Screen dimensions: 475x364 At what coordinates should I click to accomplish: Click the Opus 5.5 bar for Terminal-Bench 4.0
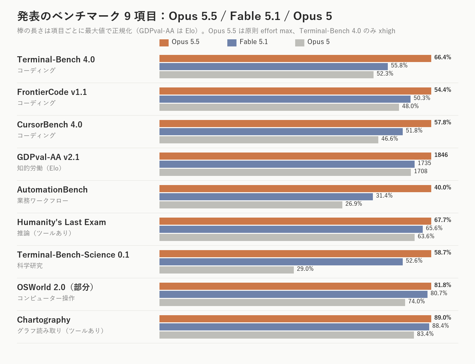[x=295, y=59]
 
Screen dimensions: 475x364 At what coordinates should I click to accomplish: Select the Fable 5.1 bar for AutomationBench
[x=266, y=197]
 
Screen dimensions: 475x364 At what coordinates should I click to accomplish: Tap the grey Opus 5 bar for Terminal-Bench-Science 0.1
[x=226, y=270]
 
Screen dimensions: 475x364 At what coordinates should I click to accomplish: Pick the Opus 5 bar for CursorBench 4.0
[x=269, y=140]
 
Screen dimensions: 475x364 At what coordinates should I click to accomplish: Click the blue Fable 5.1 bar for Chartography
[x=294, y=327]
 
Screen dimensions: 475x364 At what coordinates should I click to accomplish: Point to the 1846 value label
[x=441, y=155]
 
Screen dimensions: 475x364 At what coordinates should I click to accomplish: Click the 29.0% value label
[x=305, y=268]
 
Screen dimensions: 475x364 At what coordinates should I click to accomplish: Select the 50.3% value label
[x=422, y=98]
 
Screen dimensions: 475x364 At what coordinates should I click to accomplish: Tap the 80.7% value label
[x=439, y=293]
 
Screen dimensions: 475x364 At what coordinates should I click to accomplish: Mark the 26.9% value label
[x=354, y=203]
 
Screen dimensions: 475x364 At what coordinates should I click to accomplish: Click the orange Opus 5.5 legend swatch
[x=164, y=43]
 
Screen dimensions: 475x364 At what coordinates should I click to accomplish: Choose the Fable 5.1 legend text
[x=253, y=42]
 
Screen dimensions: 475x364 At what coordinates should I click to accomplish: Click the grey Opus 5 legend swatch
[x=300, y=43]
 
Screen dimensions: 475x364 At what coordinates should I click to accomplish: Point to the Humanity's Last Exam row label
[x=61, y=222]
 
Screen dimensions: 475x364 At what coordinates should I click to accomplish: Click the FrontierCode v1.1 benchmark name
[x=52, y=92]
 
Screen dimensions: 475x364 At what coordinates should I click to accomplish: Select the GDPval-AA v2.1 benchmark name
[x=48, y=157]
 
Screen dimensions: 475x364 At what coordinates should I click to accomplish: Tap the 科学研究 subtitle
[x=30, y=265]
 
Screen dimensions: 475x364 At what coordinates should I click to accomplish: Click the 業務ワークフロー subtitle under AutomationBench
[x=43, y=200]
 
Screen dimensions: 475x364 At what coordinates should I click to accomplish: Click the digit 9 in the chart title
[x=128, y=16]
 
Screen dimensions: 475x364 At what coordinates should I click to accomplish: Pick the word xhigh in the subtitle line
[x=387, y=31]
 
